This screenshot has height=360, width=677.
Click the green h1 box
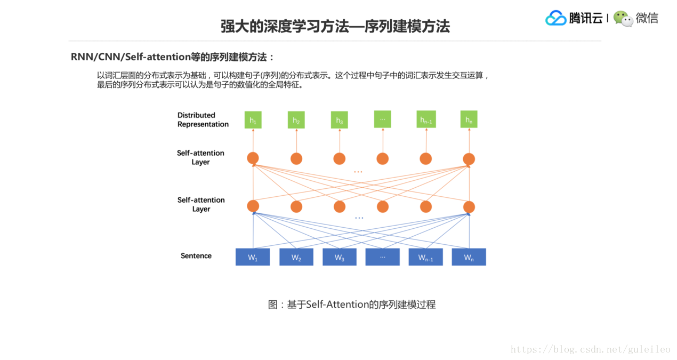tap(253, 120)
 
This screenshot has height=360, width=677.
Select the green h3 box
tap(339, 120)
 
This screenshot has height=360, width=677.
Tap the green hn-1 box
tap(426, 119)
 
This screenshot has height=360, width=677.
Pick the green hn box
tap(469, 119)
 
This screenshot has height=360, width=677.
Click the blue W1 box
tap(253, 257)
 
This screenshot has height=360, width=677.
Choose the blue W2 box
tap(296, 257)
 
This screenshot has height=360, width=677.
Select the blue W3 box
tap(340, 257)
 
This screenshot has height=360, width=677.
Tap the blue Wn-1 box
tap(425, 257)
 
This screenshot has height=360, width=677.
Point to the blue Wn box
tap(469, 257)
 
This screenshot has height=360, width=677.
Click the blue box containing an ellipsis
tap(382, 257)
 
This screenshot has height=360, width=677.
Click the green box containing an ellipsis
tap(382, 119)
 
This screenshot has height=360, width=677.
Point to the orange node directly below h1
tap(253, 158)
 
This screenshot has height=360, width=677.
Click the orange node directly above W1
tap(253, 206)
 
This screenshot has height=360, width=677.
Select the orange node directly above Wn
tap(469, 206)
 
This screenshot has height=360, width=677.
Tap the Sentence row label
tap(196, 256)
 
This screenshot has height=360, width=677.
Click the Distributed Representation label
tap(203, 119)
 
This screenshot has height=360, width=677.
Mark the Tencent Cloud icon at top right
tap(555, 18)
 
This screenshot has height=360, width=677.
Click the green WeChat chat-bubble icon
tap(623, 19)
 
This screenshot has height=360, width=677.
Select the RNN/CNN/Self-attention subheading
tap(173, 57)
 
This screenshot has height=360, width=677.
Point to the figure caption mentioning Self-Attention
tap(352, 305)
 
